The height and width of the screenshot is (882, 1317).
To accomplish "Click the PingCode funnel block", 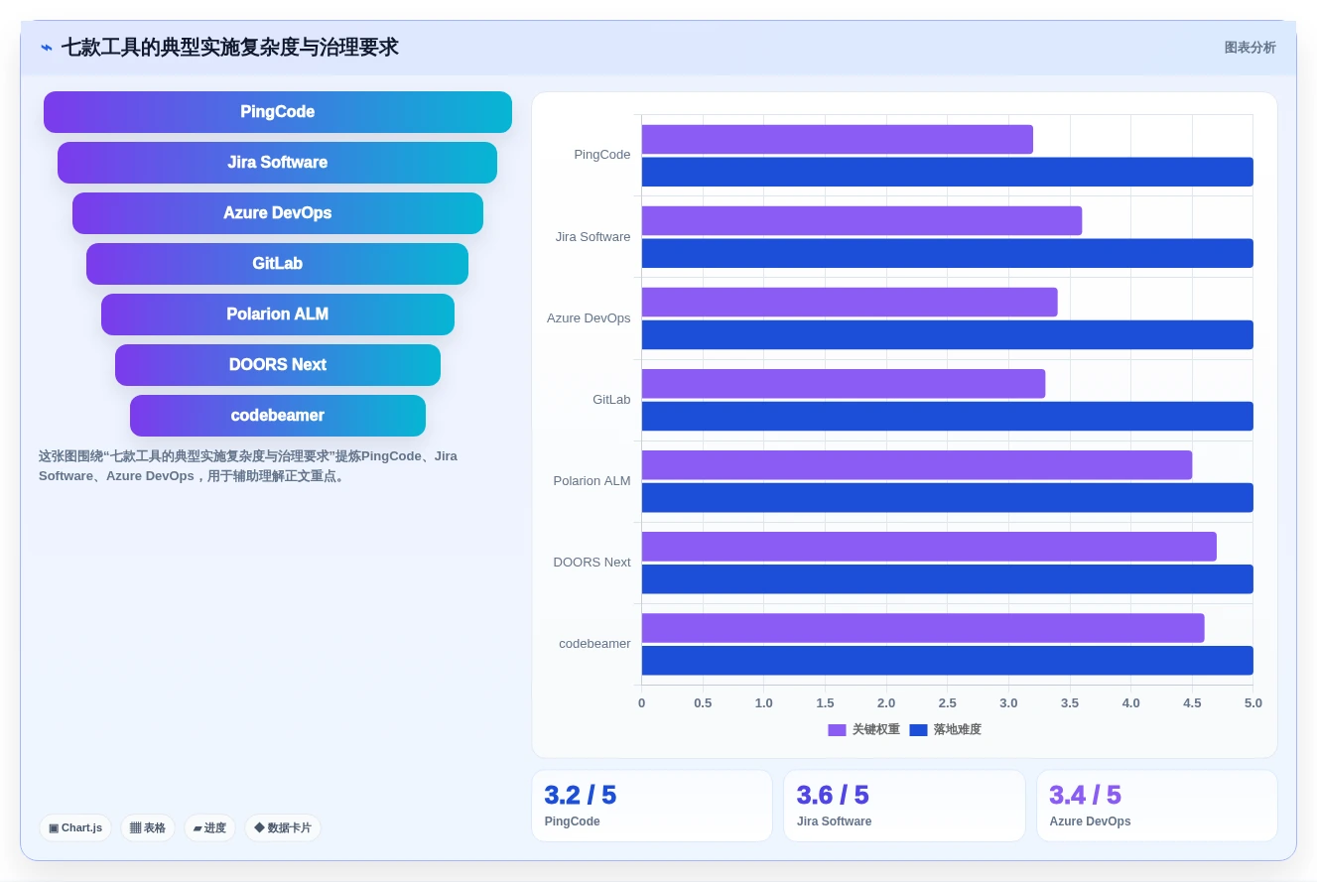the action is (x=278, y=112).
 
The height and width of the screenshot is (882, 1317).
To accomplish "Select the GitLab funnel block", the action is (x=278, y=264).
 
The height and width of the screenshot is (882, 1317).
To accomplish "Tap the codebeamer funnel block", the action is (x=278, y=416).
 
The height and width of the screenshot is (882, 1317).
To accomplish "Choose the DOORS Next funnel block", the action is (x=278, y=365).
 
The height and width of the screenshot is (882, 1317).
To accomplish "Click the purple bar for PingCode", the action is (x=838, y=139).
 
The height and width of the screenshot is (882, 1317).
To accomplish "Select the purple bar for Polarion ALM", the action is (x=917, y=464).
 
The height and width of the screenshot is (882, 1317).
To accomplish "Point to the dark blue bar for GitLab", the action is (x=947, y=416).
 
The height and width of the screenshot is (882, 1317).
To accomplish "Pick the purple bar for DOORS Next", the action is (x=929, y=547).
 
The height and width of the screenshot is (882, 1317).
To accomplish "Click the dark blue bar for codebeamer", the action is (x=947, y=661).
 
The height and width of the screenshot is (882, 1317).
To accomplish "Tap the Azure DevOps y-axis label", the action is (x=588, y=317).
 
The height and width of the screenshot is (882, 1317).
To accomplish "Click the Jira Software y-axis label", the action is (x=593, y=237).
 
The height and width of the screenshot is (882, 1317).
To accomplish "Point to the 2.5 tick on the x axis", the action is (x=947, y=702).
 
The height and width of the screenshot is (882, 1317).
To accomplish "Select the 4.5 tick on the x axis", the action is (x=1192, y=702).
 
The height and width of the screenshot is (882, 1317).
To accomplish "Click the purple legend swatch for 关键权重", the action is (x=837, y=730).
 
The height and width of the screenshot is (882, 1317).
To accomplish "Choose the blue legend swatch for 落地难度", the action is (x=918, y=730).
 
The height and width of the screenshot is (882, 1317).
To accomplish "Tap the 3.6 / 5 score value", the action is (x=833, y=795).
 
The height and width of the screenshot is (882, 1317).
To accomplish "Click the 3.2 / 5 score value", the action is (x=581, y=795).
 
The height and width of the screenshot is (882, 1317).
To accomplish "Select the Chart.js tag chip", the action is (x=75, y=828).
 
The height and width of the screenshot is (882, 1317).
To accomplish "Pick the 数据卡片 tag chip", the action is (x=283, y=828).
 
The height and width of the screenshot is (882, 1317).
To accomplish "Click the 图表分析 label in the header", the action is (x=1250, y=48).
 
